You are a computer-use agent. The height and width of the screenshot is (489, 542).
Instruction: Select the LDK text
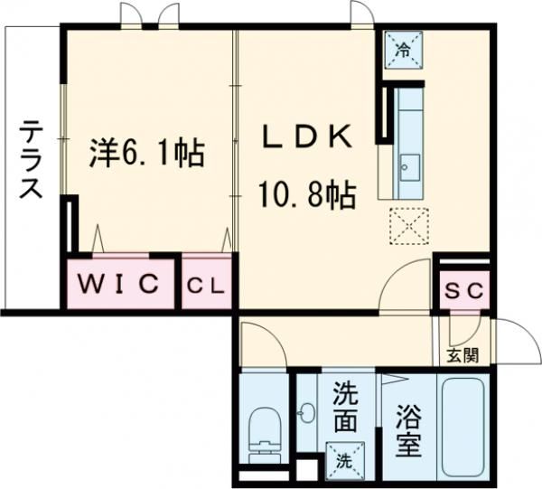pyautogui.click(x=306, y=136)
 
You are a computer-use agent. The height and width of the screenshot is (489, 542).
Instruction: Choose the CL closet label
pyautogui.click(x=208, y=286)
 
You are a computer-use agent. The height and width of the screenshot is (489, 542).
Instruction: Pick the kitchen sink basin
pyautogui.click(x=408, y=166)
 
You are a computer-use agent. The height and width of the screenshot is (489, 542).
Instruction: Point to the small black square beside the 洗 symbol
pyautogui.click(x=308, y=470)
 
